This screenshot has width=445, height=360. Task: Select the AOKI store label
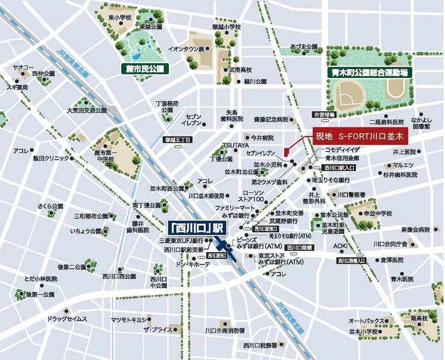(340, 246)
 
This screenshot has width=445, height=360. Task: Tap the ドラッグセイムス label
(67, 319)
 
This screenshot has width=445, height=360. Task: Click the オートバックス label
(366, 321)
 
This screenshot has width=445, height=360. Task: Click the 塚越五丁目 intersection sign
(178, 140)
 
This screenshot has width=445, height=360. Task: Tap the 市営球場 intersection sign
(324, 115)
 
